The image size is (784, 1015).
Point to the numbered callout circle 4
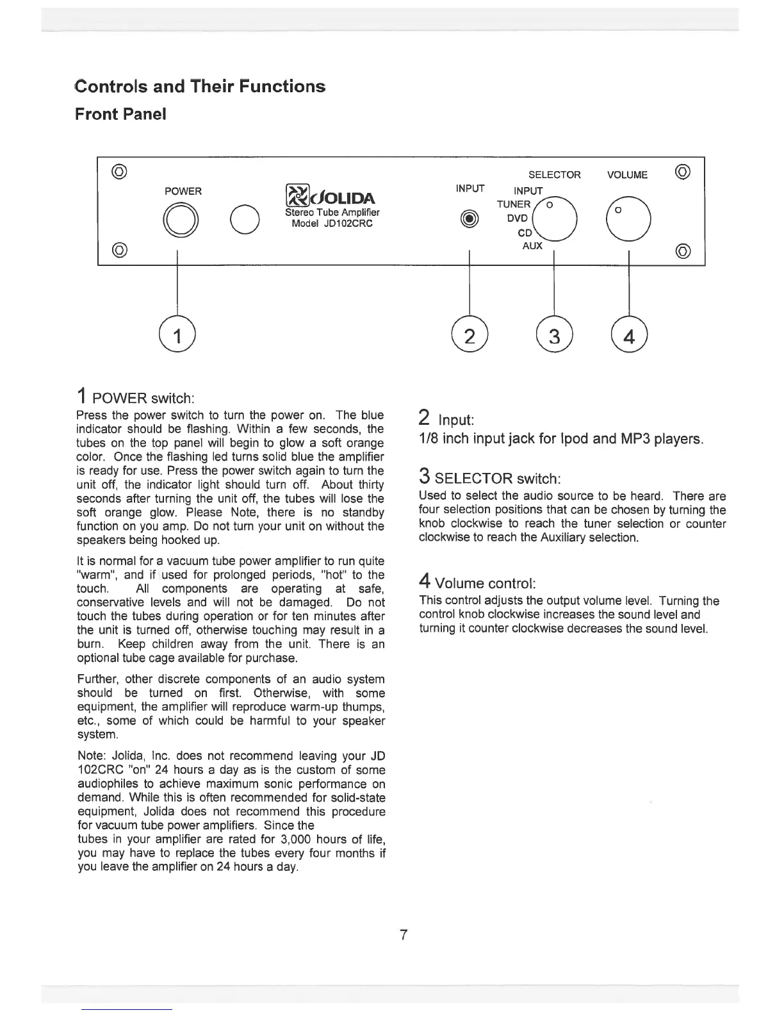pos(630,335)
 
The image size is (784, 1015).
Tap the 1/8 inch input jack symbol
pos(470,219)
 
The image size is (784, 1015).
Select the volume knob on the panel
pos(629,219)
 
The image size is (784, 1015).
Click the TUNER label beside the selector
pos(514,204)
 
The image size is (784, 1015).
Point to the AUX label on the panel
pos(532,245)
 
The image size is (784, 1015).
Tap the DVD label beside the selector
pos(517,218)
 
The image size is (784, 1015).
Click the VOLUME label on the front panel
pos(627,175)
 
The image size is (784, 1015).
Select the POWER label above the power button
pos(183,191)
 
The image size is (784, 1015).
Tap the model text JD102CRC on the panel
pos(332,224)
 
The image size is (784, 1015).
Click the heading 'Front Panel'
pos(120,114)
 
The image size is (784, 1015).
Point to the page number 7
pos(403,934)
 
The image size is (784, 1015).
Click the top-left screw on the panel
pos(119,171)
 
